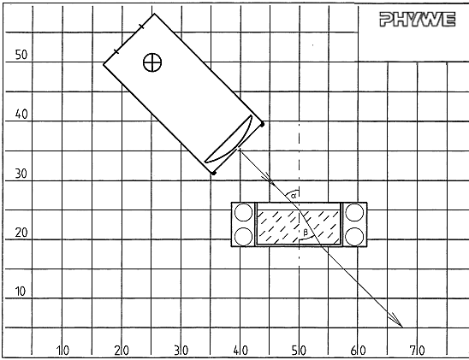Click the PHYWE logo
pyautogui.click(x=418, y=20)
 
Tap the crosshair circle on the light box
pyautogui.click(x=152, y=62)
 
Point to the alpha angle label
pyautogui.click(x=294, y=196)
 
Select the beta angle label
pyautogui.click(x=305, y=232)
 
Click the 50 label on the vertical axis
pyautogui.click(x=21, y=55)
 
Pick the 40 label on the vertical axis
pyautogui.click(x=21, y=114)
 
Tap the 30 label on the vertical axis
pyautogui.click(x=21, y=174)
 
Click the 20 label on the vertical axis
pyautogui.click(x=21, y=233)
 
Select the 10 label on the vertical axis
pyautogui.click(x=21, y=292)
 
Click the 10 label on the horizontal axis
pyautogui.click(x=62, y=351)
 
